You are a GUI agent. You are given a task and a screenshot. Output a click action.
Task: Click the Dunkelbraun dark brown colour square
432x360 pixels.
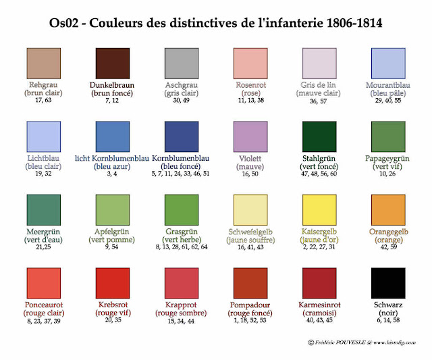tap(113, 63)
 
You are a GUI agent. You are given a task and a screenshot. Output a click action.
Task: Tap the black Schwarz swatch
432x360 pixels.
tap(388, 283)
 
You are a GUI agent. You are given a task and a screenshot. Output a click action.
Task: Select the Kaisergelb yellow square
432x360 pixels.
tap(319, 210)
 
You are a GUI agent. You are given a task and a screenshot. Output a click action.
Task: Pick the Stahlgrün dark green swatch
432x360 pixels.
tap(319, 136)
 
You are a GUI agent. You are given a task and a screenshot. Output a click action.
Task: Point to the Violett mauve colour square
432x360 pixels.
tap(250, 136)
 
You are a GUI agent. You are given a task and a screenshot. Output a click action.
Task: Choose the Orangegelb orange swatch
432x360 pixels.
tap(388, 210)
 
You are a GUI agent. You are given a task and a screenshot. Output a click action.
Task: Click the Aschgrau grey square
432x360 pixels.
tap(182, 63)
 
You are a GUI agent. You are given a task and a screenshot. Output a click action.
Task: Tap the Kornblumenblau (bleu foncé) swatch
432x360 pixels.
tap(182, 136)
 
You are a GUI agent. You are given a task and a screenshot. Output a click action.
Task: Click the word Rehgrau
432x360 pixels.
tap(43, 84)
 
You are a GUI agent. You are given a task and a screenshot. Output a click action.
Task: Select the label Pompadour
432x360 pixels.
tap(250, 305)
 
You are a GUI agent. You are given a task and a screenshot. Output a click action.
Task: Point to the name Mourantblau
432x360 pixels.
tap(388, 85)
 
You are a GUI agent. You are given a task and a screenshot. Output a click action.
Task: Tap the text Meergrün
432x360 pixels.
tap(43, 232)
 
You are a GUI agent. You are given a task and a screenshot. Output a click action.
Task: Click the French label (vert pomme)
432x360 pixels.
tap(111, 240)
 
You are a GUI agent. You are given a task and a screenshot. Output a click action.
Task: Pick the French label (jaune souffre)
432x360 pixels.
tap(250, 240)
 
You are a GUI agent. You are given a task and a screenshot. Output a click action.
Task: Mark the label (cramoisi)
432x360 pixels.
tap(319, 313)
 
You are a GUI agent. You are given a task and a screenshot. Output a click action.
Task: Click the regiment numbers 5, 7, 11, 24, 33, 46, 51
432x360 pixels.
tap(180, 174)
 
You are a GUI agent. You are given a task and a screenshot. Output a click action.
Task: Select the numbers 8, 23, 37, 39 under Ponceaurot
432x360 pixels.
tap(43, 321)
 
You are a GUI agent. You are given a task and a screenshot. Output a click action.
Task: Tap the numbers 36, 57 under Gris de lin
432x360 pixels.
tap(318, 101)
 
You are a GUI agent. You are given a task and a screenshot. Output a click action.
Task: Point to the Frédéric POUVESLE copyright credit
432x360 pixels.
tap(362, 342)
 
